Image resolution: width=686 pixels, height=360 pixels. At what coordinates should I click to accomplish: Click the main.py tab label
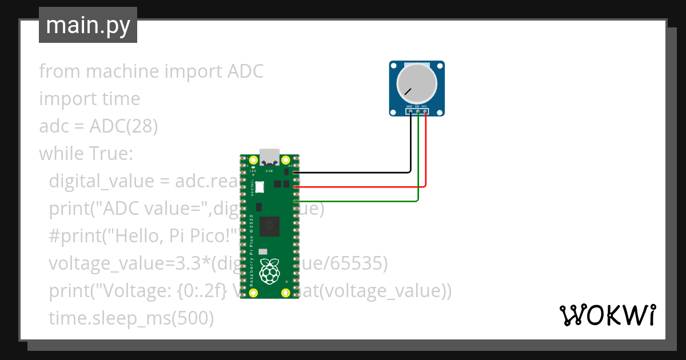(x=88, y=25)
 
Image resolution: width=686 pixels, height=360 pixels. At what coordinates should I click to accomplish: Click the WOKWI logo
(x=607, y=315)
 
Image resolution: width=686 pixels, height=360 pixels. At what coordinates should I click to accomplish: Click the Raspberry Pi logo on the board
(x=269, y=271)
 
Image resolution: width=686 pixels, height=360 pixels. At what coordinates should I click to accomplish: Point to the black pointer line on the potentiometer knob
(x=408, y=91)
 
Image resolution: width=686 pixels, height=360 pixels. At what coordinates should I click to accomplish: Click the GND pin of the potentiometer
(x=410, y=111)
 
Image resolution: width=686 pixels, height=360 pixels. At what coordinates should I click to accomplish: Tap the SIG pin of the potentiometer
(x=418, y=111)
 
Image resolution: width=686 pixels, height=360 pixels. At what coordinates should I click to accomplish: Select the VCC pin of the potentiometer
(x=425, y=111)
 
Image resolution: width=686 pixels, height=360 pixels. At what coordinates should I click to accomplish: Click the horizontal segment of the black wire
(x=354, y=172)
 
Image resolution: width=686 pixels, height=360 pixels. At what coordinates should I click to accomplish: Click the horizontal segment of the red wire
(x=360, y=186)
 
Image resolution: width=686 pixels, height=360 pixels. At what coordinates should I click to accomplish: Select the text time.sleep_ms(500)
(x=131, y=318)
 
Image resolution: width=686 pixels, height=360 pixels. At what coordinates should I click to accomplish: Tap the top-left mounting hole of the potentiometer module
(x=394, y=66)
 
